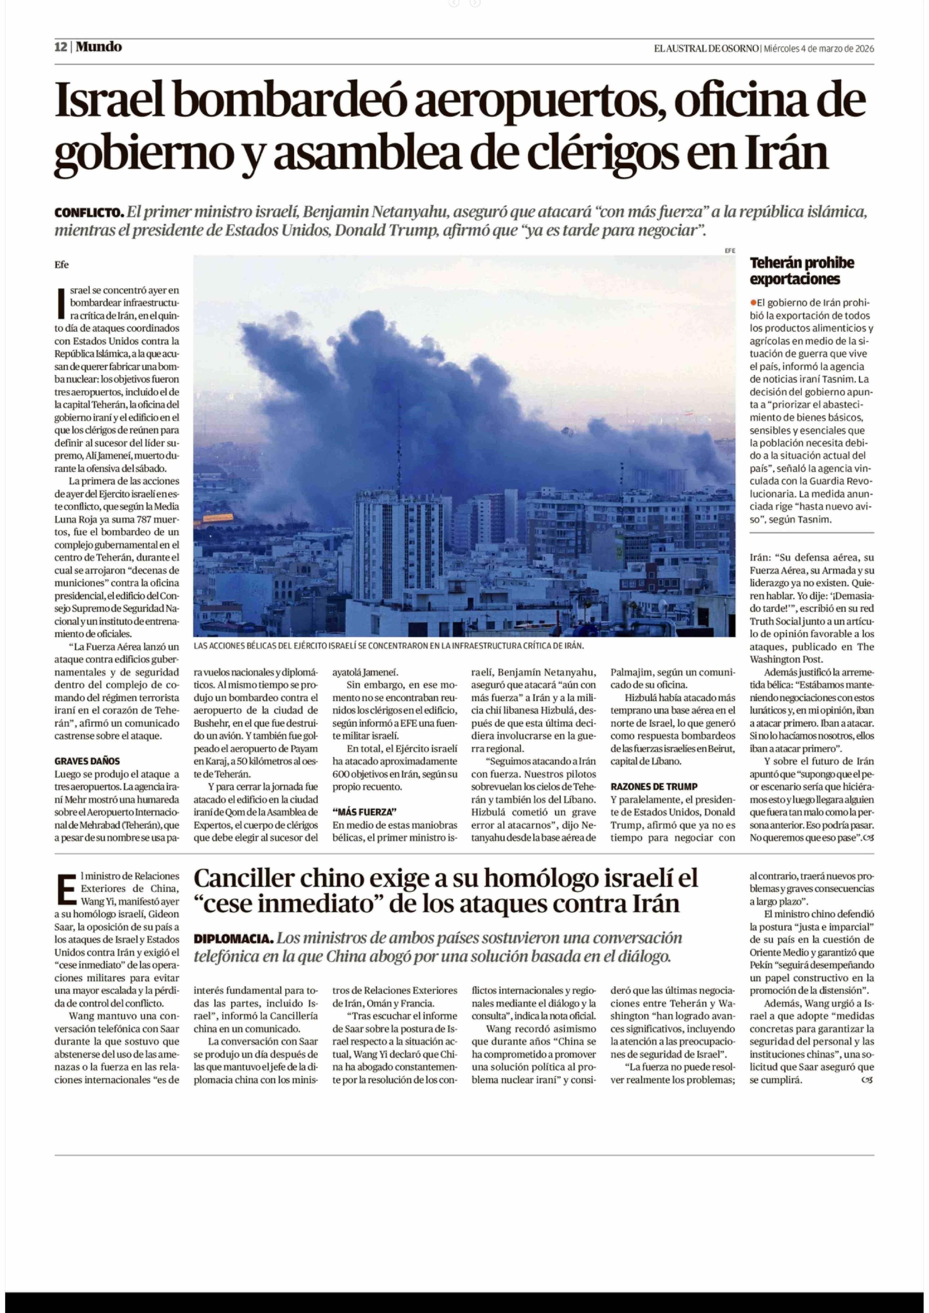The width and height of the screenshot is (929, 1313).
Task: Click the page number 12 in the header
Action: click(61, 47)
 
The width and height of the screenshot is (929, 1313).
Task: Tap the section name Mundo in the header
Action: click(99, 47)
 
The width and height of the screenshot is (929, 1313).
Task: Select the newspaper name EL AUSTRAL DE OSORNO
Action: click(707, 49)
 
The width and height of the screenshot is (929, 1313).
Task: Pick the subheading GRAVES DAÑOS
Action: click(87, 761)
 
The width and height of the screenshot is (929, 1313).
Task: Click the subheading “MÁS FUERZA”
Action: click(364, 812)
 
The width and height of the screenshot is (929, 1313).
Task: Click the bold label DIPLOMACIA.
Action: click(233, 939)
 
